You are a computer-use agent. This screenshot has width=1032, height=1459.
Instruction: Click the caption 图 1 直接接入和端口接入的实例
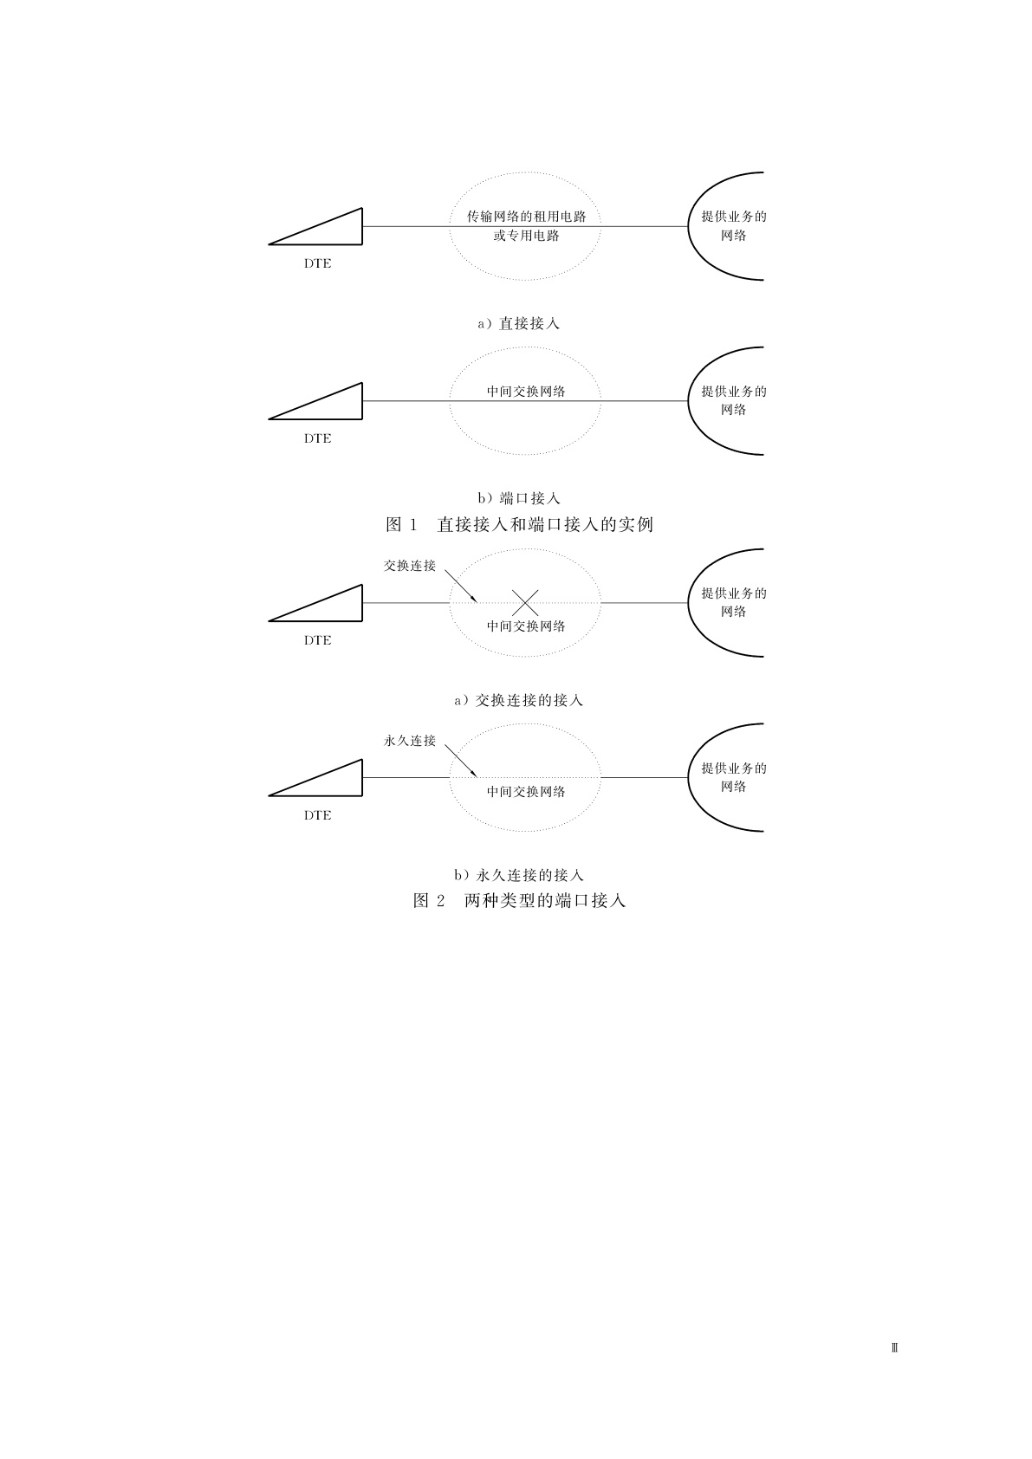coord(519,524)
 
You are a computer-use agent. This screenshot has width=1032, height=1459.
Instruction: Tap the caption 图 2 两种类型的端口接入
coord(519,900)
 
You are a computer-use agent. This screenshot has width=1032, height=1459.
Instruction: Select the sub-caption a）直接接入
coord(519,323)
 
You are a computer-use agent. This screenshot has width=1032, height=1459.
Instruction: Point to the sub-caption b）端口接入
coord(519,498)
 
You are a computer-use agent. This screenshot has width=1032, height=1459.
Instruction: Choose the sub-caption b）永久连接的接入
coord(519,875)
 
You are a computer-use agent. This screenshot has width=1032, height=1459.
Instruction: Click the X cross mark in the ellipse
coord(525,602)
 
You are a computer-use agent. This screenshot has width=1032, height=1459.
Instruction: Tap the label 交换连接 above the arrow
coord(410,566)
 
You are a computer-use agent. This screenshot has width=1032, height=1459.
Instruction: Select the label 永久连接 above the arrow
coord(410,741)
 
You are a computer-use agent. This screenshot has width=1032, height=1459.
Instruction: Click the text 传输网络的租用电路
coord(527,217)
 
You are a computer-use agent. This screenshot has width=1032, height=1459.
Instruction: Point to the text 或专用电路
coord(527,236)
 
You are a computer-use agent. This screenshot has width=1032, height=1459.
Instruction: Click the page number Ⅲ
coord(895,1348)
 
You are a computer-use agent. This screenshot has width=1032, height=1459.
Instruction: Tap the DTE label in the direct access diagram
coord(317,263)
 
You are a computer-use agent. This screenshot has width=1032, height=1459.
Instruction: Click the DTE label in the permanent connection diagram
coord(317,815)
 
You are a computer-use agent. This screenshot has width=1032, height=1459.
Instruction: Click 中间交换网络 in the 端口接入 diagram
coord(526,392)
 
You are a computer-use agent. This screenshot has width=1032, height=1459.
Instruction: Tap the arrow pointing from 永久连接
coord(460,761)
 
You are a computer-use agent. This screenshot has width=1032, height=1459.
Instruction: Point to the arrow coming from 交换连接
coord(460,586)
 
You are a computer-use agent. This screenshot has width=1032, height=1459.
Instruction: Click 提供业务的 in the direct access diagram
coord(734,217)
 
